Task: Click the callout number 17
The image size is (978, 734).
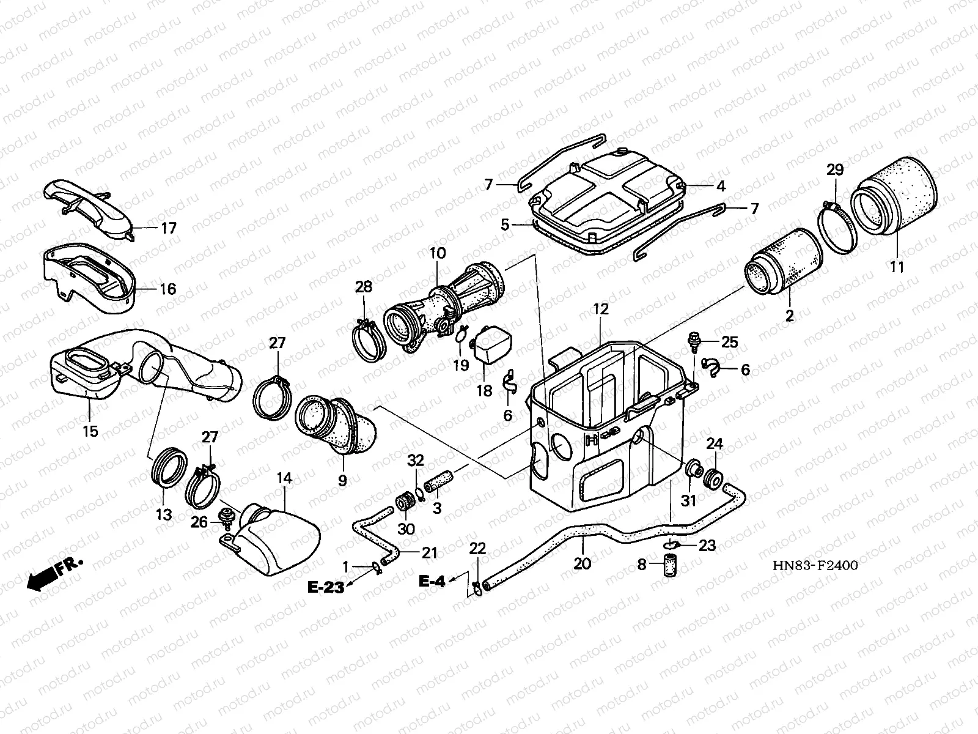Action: (168, 228)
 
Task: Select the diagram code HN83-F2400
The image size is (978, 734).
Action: (815, 565)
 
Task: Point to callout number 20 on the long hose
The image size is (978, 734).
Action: (582, 563)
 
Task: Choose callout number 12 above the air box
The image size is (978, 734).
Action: (600, 309)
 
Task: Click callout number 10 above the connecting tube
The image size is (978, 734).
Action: (438, 253)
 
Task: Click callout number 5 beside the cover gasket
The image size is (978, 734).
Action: (505, 224)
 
